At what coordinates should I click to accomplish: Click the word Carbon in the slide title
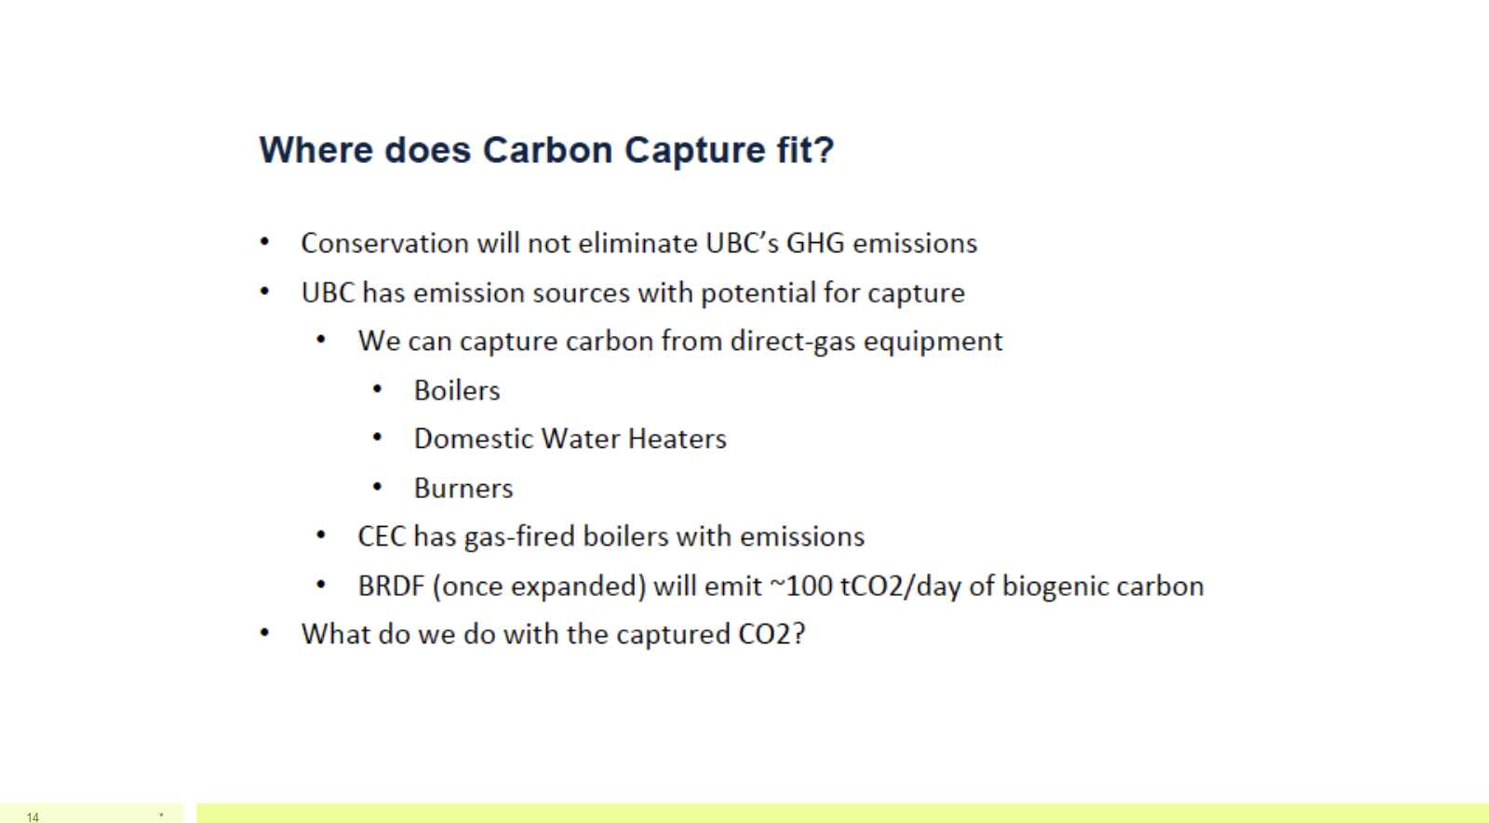pos(547,150)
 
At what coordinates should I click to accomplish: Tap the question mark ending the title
pos(823,150)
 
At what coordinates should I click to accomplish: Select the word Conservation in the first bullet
pos(385,243)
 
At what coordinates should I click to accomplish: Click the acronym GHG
pos(815,243)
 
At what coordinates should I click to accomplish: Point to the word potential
pos(758,293)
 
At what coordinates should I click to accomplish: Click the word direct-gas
pos(792,342)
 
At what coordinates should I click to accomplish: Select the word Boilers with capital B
pos(457,391)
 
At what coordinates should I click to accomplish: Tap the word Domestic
pos(474,439)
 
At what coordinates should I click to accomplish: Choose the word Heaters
pos(677,439)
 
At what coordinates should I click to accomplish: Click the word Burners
pos(463,489)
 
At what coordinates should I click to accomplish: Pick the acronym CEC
pos(382,537)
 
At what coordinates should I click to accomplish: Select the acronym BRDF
pos(390,587)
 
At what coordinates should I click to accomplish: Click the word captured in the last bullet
pos(674,635)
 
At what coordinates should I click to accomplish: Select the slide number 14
pos(33,817)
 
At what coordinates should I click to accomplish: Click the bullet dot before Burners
pos(377,487)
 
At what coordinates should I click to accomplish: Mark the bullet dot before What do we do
pos(264,633)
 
